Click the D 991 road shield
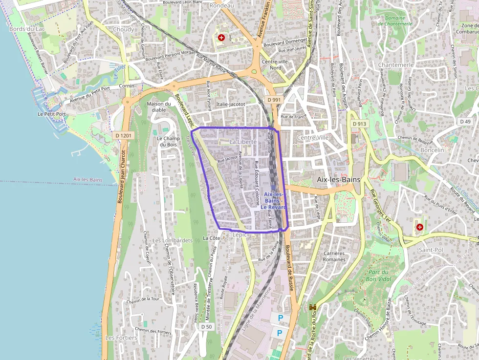(275, 100)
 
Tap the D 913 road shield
(359, 124)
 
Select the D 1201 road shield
(125, 135)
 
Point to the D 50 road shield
(206, 327)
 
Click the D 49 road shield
(465, 121)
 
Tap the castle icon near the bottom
(313, 307)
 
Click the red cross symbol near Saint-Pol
(419, 227)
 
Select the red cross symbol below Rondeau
(221, 37)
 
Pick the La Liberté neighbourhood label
(243, 142)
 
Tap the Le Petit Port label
(51, 114)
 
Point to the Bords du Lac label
(27, 29)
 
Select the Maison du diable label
(159, 106)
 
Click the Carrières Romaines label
(334, 256)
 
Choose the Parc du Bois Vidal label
(378, 275)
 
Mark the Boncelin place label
(432, 150)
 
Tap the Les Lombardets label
(173, 240)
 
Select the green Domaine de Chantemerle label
(395, 21)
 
